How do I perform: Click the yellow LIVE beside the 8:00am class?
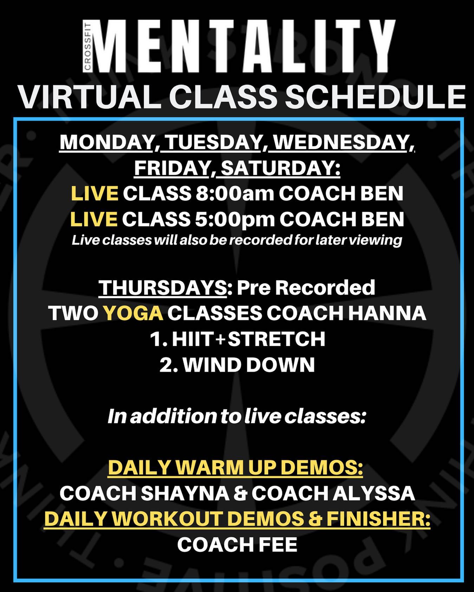point(95,194)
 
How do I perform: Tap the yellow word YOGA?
point(134,313)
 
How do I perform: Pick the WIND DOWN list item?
point(237,365)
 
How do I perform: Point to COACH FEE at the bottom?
point(237,545)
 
